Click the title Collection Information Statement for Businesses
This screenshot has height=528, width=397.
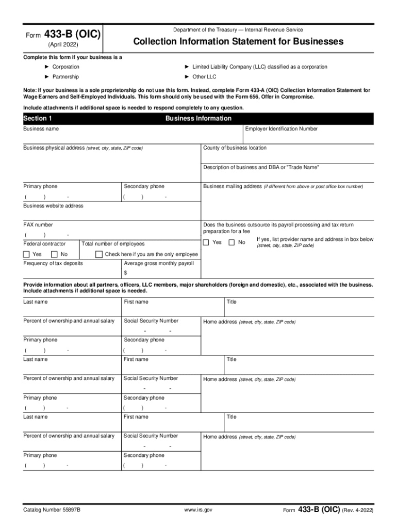pyautogui.click(x=238, y=41)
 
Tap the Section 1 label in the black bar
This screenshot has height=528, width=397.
pyautogui.click(x=38, y=119)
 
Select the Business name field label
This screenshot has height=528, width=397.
pyautogui.click(x=41, y=129)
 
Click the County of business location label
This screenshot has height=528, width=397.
pyautogui.click(x=235, y=148)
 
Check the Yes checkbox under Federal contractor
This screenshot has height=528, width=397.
pyautogui.click(x=27, y=254)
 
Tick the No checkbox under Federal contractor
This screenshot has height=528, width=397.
pyautogui.click(x=54, y=254)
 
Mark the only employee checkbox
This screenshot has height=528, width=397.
pyautogui.click(x=98, y=254)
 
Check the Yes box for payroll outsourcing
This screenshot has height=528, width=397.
pyautogui.click(x=206, y=242)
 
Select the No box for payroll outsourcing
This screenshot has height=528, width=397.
pyautogui.click(x=231, y=242)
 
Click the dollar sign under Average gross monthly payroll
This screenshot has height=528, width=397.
pyautogui.click(x=125, y=273)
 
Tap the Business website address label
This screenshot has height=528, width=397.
pyautogui.click(x=53, y=206)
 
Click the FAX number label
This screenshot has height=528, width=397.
pyautogui.click(x=38, y=225)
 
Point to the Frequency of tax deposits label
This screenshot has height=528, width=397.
pyautogui.click(x=53, y=263)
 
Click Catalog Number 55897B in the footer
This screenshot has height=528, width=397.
pyautogui.click(x=52, y=510)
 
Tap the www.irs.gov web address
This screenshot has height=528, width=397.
pyautogui.click(x=198, y=510)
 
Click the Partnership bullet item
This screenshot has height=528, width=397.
pyautogui.click(x=65, y=77)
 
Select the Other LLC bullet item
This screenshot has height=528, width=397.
pyautogui.click(x=204, y=77)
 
